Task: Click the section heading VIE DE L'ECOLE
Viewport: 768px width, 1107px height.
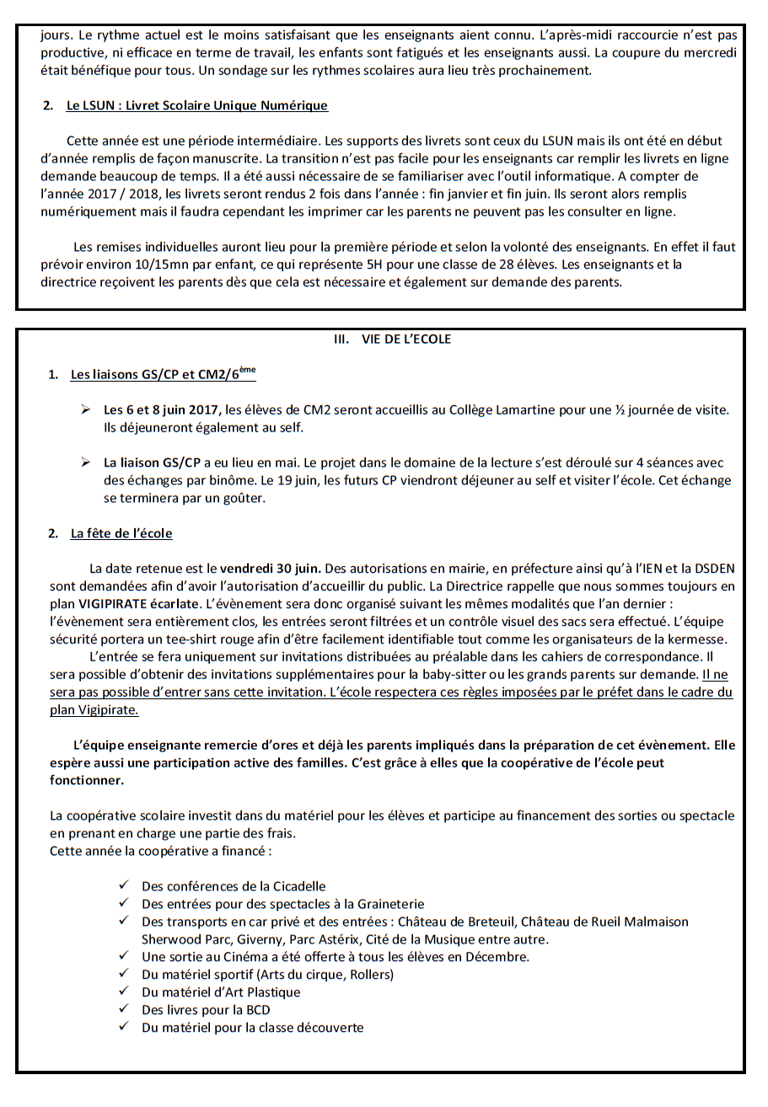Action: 406,340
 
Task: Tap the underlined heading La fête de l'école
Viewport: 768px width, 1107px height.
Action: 121,533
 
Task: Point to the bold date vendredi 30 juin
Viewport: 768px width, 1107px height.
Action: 271,567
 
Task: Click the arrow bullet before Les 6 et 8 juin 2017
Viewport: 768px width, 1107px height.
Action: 85,409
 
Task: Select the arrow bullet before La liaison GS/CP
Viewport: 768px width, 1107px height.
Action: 85,463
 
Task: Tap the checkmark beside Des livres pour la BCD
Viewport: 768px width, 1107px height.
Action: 124,1009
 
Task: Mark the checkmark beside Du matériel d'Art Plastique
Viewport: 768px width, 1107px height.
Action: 124,992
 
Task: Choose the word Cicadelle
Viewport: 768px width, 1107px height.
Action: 296,886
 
